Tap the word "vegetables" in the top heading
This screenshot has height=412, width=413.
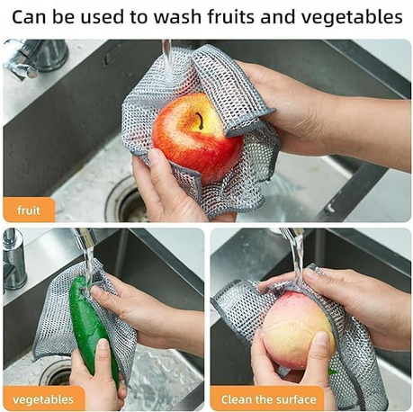[x=352, y=18]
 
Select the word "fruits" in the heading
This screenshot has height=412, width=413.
[x=231, y=17]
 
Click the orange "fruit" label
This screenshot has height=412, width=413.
[x=29, y=210]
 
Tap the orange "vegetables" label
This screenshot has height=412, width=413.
[x=44, y=399]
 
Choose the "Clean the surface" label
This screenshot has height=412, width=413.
[x=269, y=399]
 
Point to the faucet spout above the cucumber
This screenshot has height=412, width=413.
[x=85, y=237]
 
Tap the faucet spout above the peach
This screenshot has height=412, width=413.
[x=292, y=232]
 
